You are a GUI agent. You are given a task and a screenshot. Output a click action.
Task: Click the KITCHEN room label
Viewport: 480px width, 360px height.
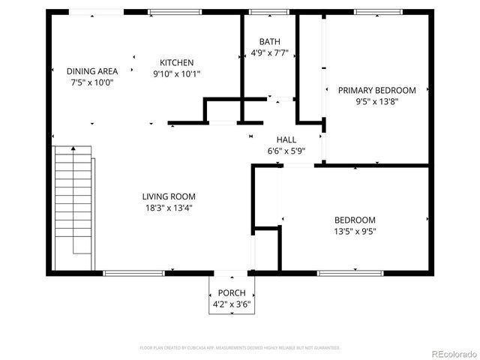tap(177, 62)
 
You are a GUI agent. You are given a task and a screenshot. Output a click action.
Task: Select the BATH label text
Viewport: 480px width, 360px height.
tap(269, 42)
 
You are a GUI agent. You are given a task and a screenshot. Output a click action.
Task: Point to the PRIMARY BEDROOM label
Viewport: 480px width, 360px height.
tap(376, 90)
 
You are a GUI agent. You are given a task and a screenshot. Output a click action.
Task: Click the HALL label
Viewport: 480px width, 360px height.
tap(286, 139)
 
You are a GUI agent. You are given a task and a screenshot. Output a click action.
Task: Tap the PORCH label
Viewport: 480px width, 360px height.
tap(231, 292)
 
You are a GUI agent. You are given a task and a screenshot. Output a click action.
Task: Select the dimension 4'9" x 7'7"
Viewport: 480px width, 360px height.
tap(269, 53)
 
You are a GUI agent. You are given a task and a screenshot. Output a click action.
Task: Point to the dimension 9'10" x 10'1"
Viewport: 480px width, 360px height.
tap(177, 73)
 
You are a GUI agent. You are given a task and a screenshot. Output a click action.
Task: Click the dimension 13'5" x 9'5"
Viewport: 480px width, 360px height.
tap(355, 231)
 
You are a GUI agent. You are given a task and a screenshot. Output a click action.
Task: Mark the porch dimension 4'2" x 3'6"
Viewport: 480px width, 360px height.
tap(231, 304)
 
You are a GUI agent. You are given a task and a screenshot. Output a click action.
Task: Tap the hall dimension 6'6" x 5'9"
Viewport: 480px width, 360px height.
tap(286, 151)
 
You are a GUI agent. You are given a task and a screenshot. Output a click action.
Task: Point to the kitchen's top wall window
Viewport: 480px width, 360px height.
tap(174, 12)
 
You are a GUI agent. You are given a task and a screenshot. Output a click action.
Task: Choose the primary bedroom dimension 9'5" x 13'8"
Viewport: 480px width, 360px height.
tap(376, 101)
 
